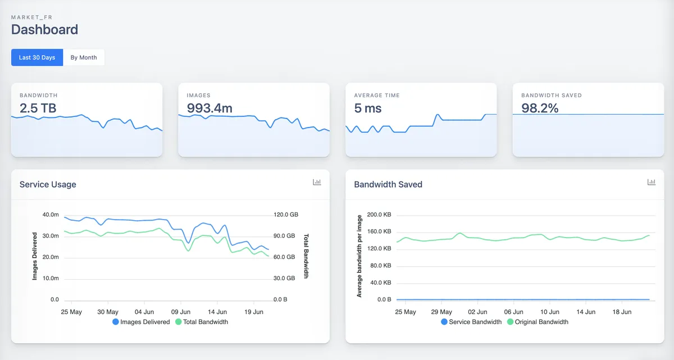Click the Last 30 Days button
[x=37, y=57]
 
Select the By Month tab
[x=84, y=57]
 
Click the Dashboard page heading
[x=44, y=29]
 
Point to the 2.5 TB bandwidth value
[x=38, y=108]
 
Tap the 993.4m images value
[x=210, y=108]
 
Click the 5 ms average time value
[x=368, y=108]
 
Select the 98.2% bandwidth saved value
[x=540, y=108]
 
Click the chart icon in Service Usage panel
[x=317, y=182]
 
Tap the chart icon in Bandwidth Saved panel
[x=652, y=182]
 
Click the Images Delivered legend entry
[x=141, y=322]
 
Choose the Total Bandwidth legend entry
[x=202, y=322]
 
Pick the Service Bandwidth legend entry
[x=471, y=322]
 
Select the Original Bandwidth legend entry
[x=538, y=322]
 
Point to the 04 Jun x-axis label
[x=144, y=312]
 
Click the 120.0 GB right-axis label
[x=286, y=215]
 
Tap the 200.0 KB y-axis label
[x=379, y=215]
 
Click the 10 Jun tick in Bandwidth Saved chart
[x=550, y=312]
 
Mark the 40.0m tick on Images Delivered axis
[x=51, y=215]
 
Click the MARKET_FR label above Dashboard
[x=31, y=17]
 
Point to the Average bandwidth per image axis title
[x=359, y=256]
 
